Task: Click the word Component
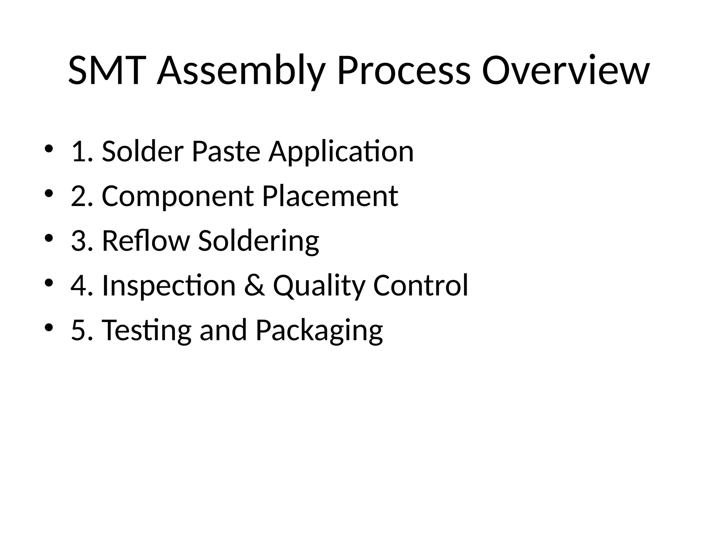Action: click(x=178, y=197)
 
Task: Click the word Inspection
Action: click(x=169, y=286)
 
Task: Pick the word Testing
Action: click(x=147, y=331)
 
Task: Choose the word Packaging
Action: click(x=319, y=331)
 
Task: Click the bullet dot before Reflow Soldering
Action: click(x=49, y=238)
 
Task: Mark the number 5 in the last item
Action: click(x=78, y=330)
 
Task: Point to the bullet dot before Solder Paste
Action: click(x=49, y=149)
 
